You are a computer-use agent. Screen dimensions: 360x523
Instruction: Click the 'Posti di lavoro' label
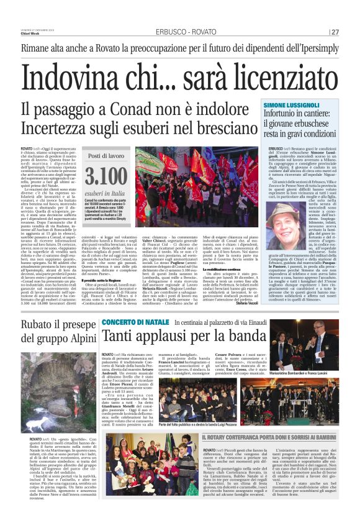pyautogui.click(x=106, y=155)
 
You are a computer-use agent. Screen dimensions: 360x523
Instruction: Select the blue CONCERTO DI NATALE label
pyautogui.click(x=127, y=322)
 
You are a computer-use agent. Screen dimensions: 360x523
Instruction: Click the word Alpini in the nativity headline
pyautogui.click(x=68, y=339)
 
